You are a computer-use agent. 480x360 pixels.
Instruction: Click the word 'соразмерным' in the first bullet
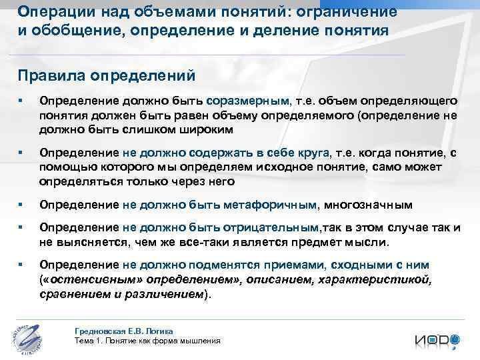249,101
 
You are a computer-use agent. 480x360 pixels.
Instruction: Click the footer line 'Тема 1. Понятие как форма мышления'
148,341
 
